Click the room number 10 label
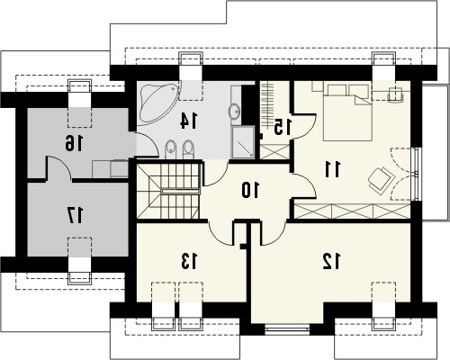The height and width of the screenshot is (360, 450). click(250, 191)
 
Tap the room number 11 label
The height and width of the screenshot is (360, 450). click(333, 169)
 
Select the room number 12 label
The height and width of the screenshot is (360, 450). click(331, 261)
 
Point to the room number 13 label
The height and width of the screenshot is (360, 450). click(189, 261)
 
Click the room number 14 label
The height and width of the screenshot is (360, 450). click(189, 121)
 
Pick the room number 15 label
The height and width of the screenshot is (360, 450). click(283, 127)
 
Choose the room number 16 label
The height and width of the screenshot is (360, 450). click(74, 143)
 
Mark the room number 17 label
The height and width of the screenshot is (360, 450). click(75, 215)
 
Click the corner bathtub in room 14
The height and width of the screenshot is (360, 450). click(158, 103)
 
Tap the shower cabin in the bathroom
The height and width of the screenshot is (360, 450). click(243, 142)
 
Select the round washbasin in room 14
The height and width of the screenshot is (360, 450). click(234, 111)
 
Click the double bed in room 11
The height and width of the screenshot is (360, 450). click(347, 112)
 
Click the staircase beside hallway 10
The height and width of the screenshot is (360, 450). click(168, 191)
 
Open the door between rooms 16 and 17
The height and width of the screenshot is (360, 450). click(58, 168)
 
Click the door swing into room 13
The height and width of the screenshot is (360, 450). click(220, 233)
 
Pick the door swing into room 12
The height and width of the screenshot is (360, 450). click(273, 233)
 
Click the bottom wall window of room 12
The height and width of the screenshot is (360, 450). click(287, 329)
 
